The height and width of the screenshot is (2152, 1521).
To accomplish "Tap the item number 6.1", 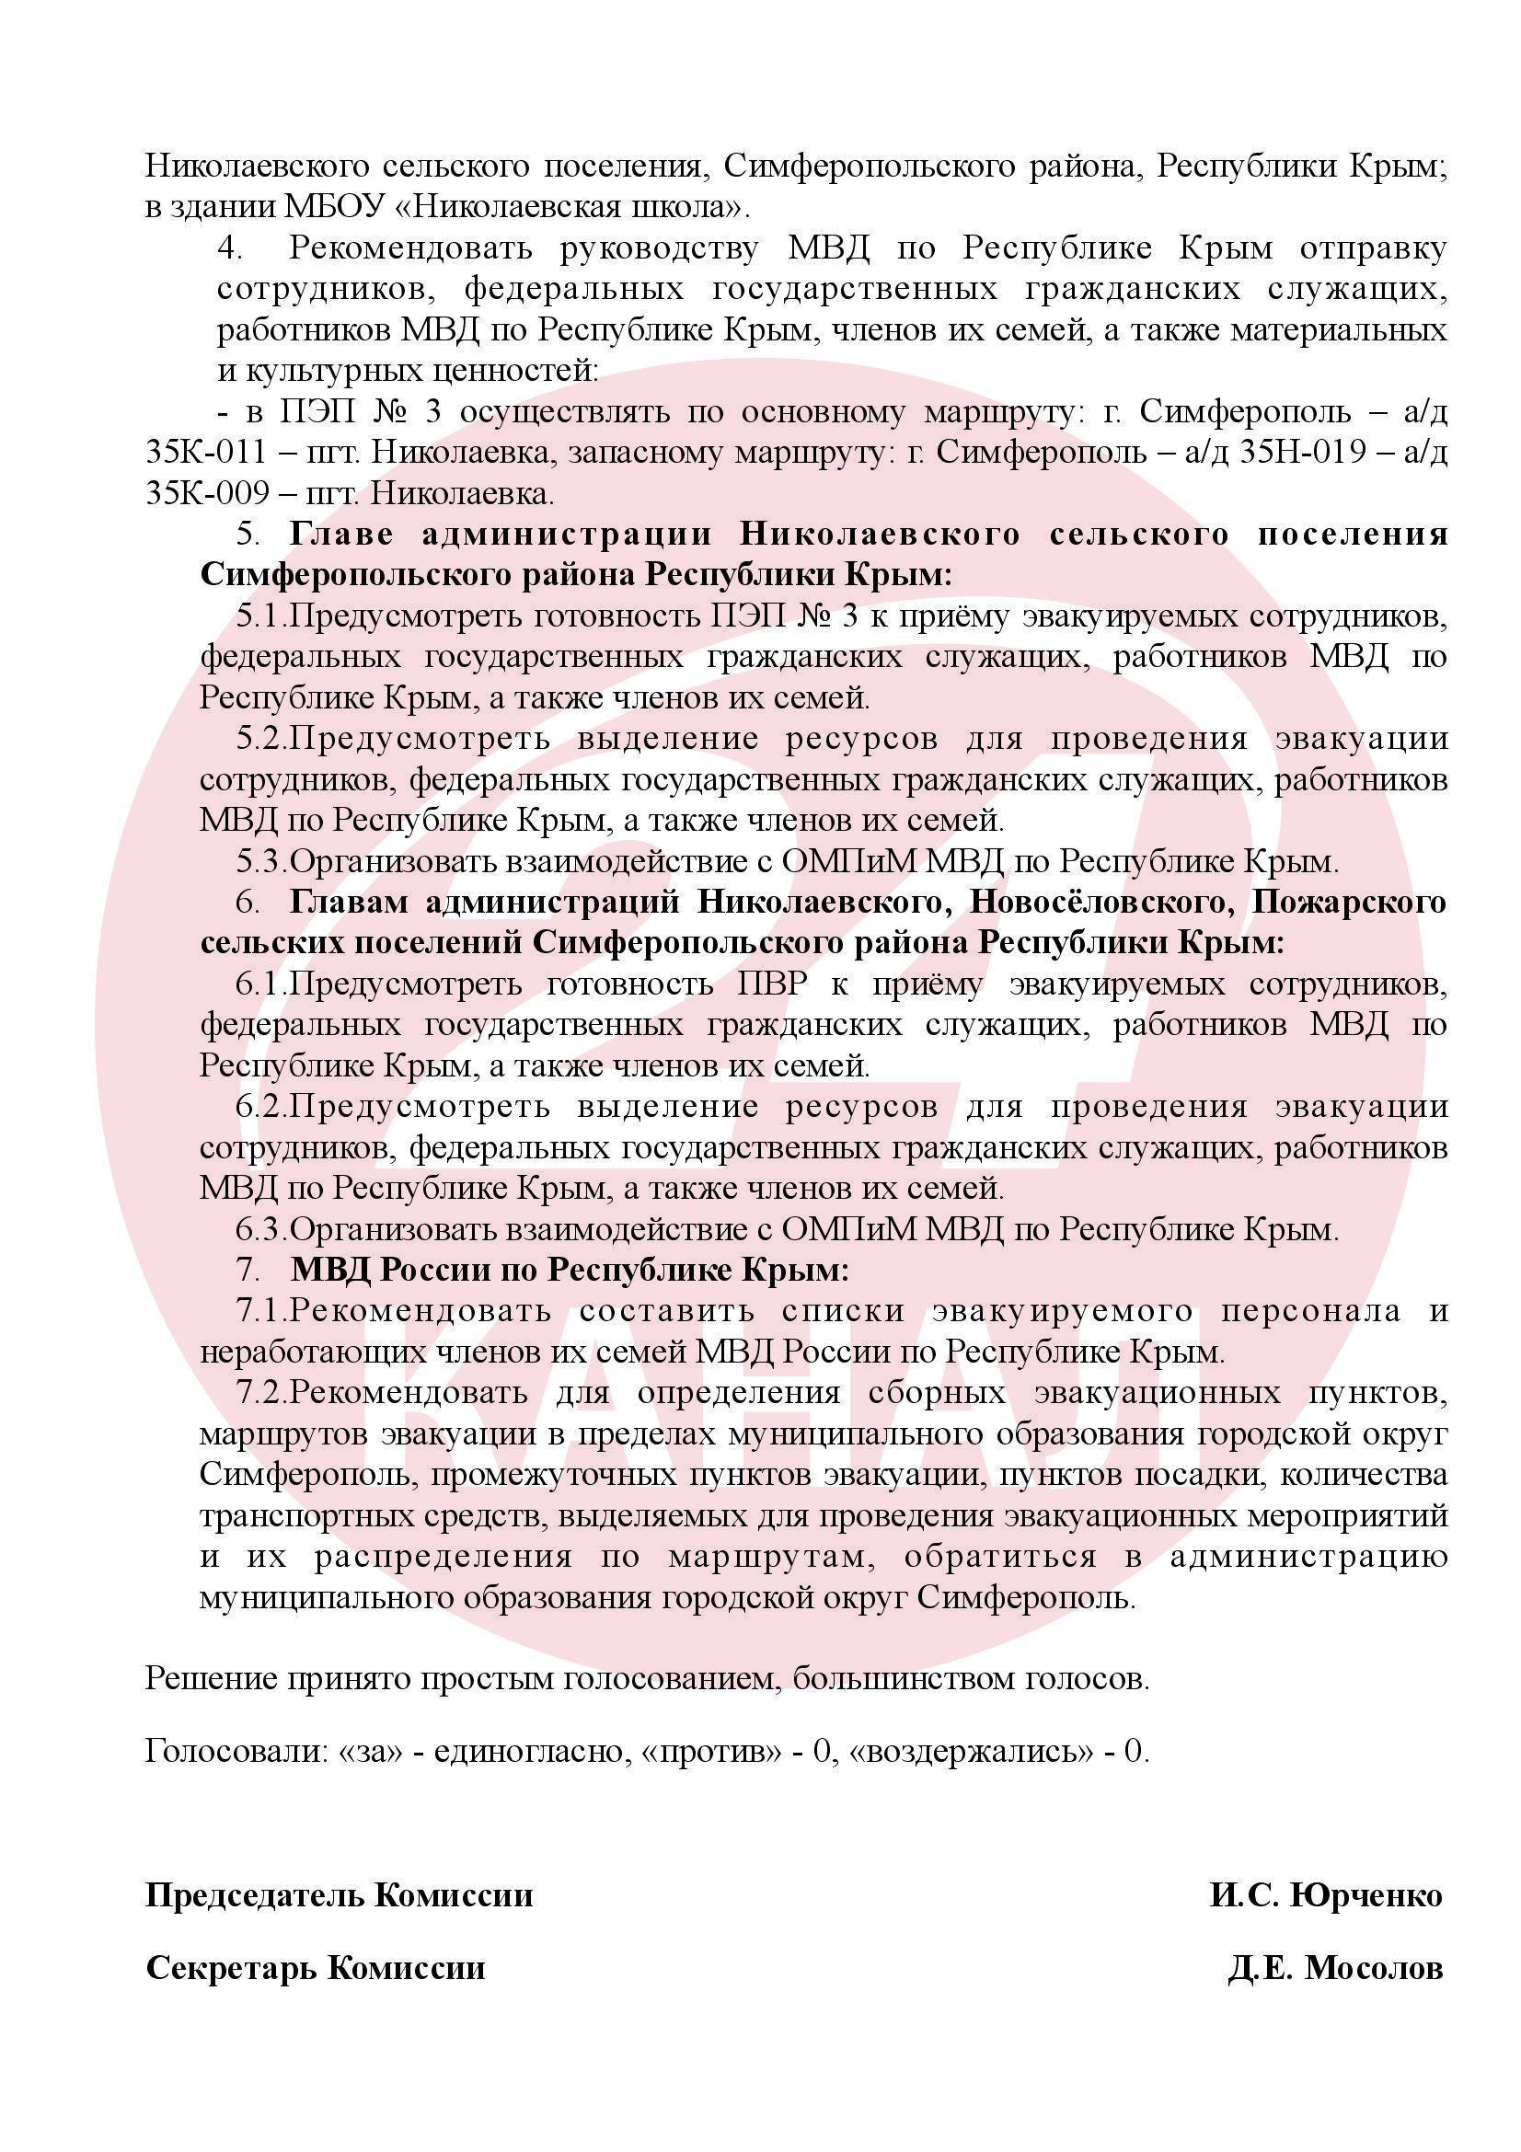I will click(260, 984).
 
